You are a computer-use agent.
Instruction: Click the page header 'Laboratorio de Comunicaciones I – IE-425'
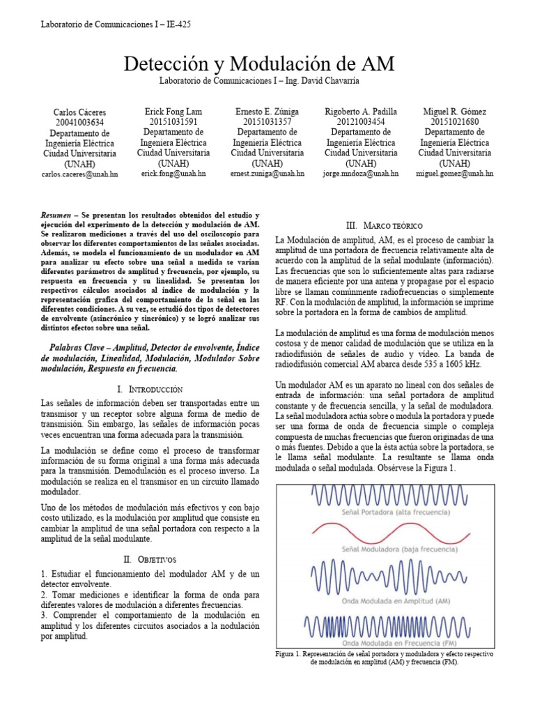tap(116, 24)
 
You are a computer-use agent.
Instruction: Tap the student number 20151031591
tap(173, 121)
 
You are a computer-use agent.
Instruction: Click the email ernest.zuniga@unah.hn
tap(268, 173)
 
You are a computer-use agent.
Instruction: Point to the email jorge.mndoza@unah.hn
tap(361, 173)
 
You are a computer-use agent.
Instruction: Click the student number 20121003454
tap(360, 121)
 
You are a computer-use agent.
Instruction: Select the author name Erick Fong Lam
tap(173, 112)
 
